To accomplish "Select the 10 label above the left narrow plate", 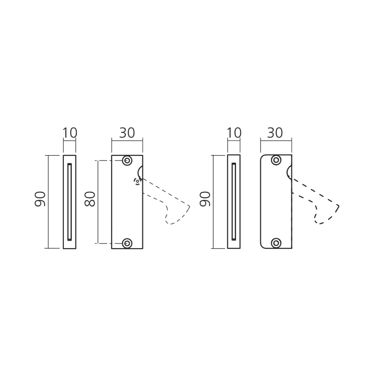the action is [x=70, y=133].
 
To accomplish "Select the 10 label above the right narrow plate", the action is [x=234, y=133].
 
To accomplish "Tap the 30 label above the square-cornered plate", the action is [x=127, y=133].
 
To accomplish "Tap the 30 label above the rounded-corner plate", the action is [x=275, y=133].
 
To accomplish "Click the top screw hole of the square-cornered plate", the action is [x=127, y=161].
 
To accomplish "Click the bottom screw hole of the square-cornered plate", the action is [x=127, y=243].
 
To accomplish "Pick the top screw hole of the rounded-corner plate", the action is [x=276, y=160].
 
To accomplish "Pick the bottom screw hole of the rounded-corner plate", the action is [x=276, y=243].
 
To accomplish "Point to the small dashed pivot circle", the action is [x=137, y=182].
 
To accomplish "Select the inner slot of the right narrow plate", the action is [x=234, y=202].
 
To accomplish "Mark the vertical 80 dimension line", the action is [x=99, y=202].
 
